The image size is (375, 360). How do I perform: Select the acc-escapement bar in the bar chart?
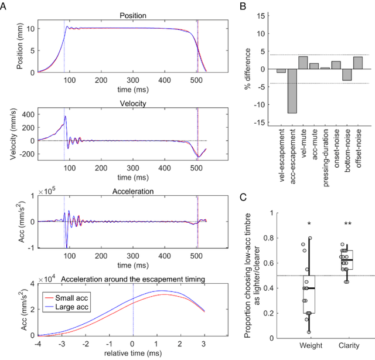(292, 91)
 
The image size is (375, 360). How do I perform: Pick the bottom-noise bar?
(347, 74)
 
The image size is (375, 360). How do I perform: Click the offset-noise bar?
(357, 63)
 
